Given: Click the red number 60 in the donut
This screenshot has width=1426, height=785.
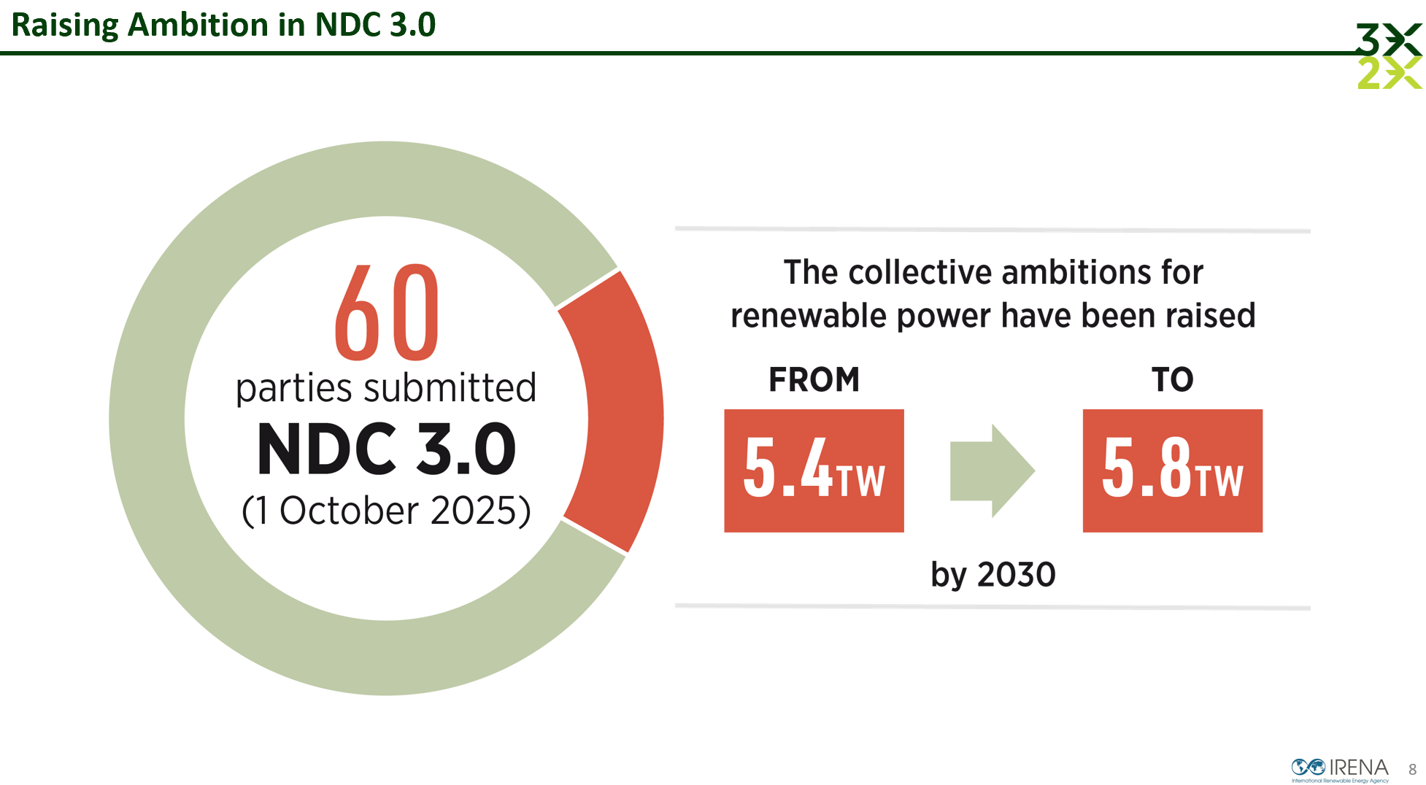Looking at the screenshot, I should (x=387, y=313).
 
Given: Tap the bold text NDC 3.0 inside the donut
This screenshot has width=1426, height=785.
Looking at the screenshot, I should (x=387, y=449).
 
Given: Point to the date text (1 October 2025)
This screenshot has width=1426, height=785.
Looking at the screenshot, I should (x=386, y=511).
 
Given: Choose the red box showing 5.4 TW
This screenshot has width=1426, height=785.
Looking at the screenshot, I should (x=814, y=471).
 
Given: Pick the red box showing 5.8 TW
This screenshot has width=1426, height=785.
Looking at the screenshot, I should (x=1172, y=471).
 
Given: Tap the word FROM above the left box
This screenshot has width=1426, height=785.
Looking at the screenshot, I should (x=814, y=379).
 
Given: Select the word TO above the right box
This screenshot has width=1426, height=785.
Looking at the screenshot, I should (x=1172, y=379).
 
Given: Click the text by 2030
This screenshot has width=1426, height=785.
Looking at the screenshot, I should (x=993, y=575).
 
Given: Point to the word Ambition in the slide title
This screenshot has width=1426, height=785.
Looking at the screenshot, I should (x=198, y=25).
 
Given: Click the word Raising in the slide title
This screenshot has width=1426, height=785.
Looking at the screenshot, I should (x=65, y=25).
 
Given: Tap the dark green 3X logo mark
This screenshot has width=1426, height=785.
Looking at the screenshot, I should (x=1388, y=39).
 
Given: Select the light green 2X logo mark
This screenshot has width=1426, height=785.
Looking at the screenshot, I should (x=1388, y=73).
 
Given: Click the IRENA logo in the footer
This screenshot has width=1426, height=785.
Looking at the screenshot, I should (x=1340, y=769).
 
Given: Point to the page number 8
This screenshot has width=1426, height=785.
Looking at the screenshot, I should (x=1412, y=770).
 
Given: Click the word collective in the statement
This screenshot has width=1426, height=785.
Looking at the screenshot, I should (x=920, y=273).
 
